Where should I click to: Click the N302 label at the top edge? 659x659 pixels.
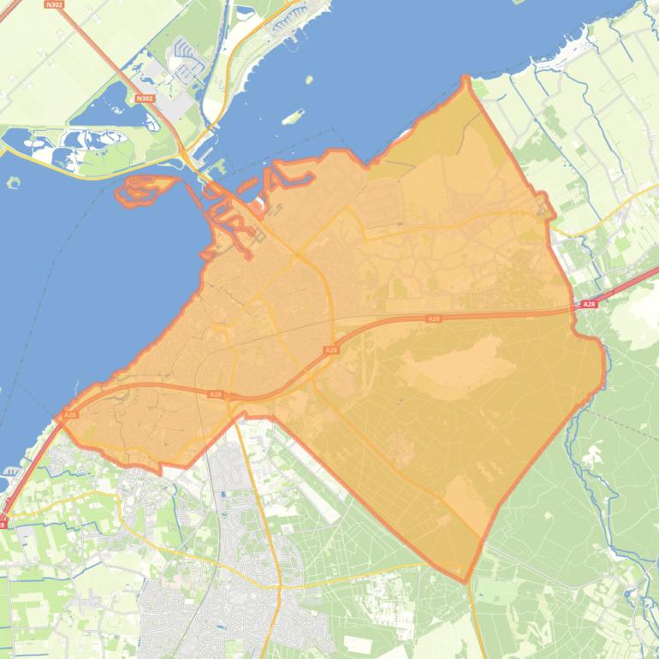point(54,4)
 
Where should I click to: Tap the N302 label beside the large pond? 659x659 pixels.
point(145,98)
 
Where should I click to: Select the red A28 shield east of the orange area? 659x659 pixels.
point(588,305)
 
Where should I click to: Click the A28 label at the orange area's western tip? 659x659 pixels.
point(70,414)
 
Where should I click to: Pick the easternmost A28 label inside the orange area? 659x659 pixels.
point(434,318)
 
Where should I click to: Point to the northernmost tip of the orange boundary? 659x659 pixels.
point(466,79)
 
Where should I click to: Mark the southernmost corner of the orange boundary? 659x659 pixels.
point(467,581)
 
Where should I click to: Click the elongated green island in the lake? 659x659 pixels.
point(293,116)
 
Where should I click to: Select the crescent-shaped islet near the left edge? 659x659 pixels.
point(13,181)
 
